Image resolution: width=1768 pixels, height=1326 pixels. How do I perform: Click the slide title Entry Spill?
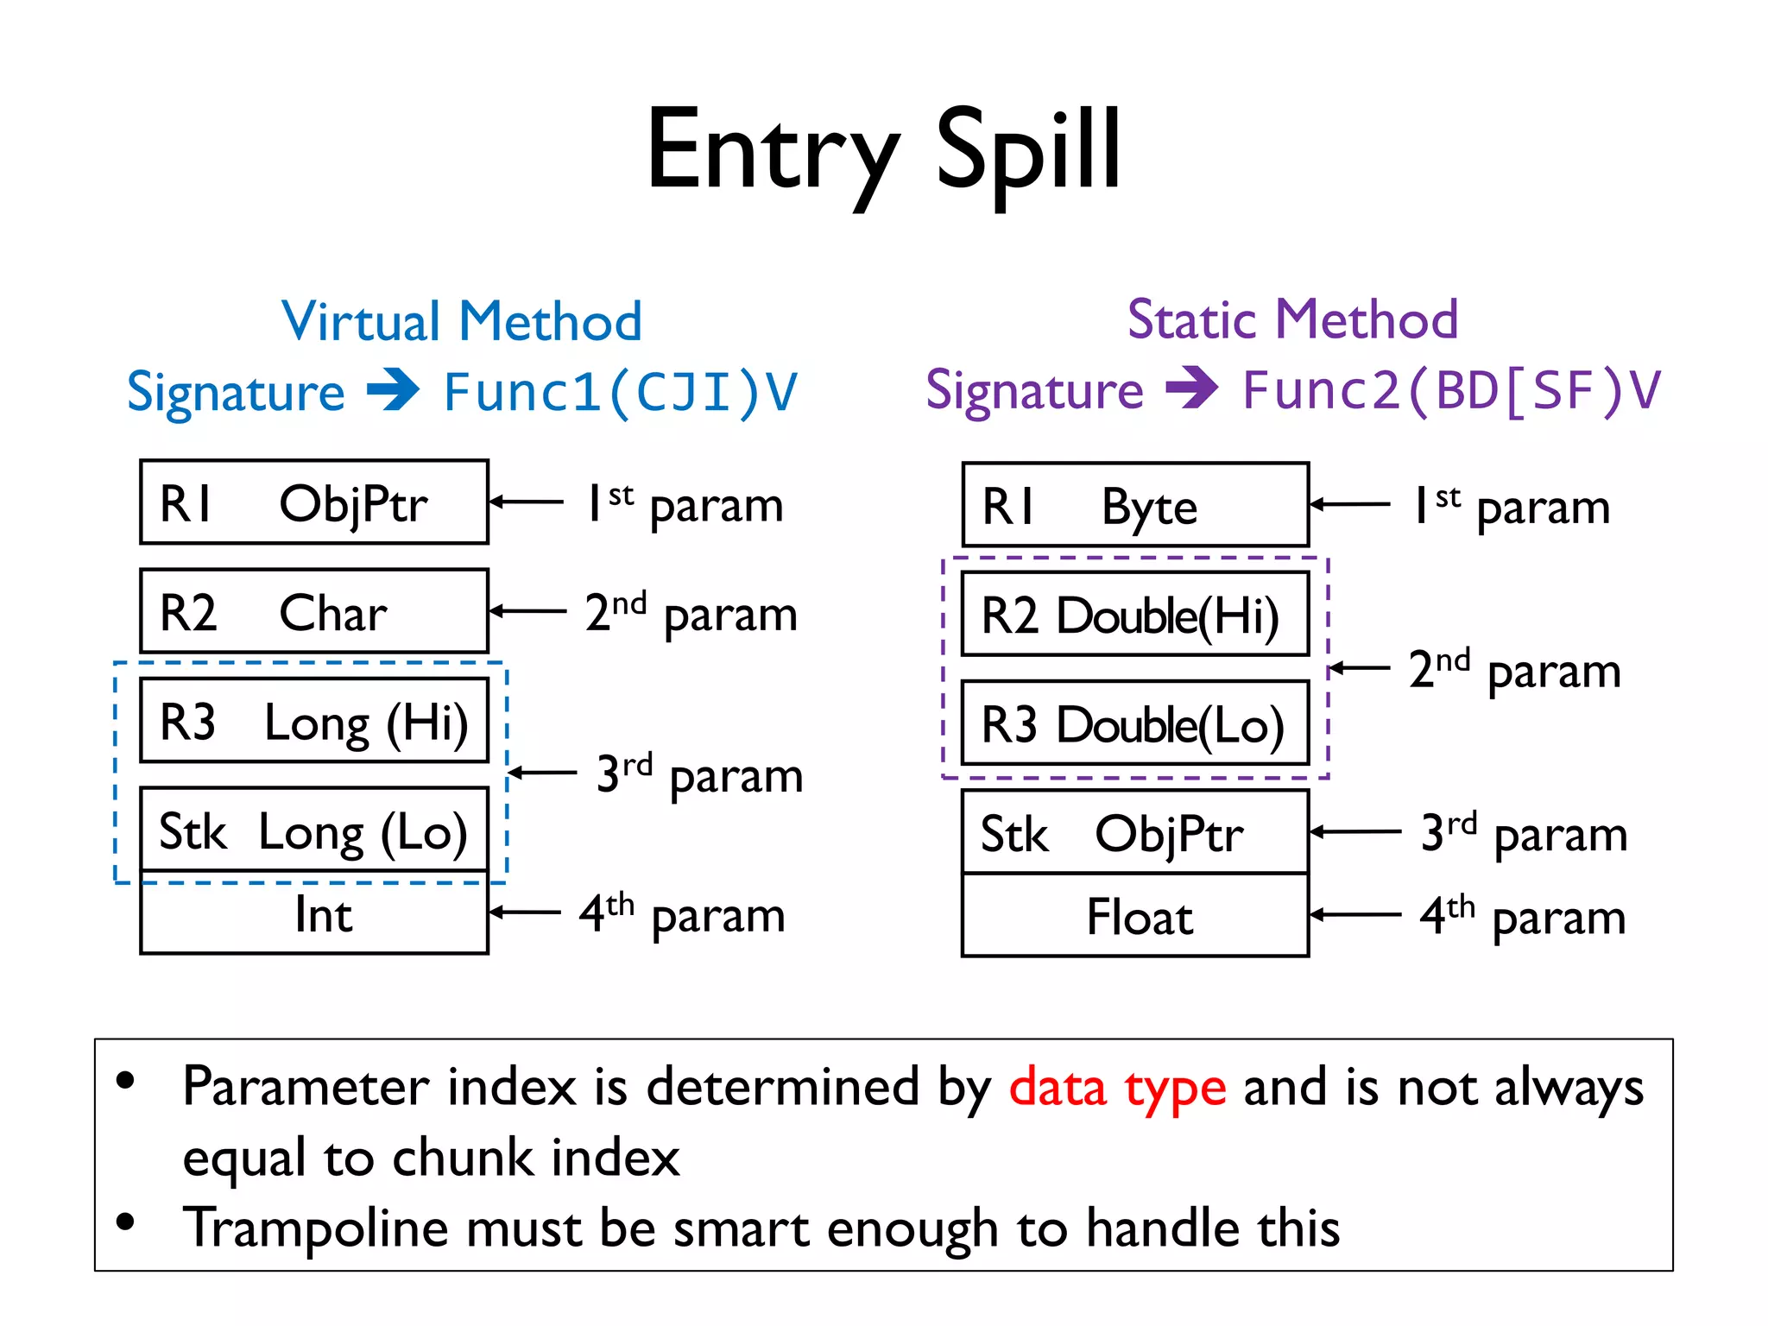click(x=883, y=151)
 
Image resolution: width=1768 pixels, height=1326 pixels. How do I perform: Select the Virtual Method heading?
click(x=462, y=321)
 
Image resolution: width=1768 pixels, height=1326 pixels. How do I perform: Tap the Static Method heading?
click(x=1292, y=319)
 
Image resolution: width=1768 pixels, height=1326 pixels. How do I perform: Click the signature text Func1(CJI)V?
click(x=621, y=393)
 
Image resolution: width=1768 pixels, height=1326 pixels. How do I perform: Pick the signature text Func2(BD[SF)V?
click(x=1451, y=391)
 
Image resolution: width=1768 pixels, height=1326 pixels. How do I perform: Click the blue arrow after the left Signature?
click(x=393, y=390)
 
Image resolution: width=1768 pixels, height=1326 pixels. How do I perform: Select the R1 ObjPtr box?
click(x=314, y=502)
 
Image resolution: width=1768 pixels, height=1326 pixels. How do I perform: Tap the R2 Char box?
click(x=314, y=611)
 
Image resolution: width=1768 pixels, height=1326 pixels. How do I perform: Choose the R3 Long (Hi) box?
click(x=314, y=721)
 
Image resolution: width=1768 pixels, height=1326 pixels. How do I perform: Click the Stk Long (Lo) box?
click(x=314, y=830)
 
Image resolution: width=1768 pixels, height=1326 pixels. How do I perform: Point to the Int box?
click(x=314, y=913)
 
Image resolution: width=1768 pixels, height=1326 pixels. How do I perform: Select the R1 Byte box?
click(x=1135, y=505)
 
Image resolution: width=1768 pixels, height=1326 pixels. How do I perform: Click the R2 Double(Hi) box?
click(x=1135, y=615)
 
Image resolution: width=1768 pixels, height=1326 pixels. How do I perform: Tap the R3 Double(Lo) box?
click(x=1135, y=723)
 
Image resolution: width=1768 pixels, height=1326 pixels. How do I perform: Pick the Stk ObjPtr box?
click(x=1135, y=832)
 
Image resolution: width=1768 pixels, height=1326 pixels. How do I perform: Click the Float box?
click(x=1135, y=916)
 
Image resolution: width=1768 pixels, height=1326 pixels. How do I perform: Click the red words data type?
click(x=1117, y=1088)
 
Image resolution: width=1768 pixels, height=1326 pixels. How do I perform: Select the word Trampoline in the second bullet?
click(x=316, y=1228)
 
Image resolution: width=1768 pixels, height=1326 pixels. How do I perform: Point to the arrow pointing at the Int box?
click(x=526, y=912)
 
